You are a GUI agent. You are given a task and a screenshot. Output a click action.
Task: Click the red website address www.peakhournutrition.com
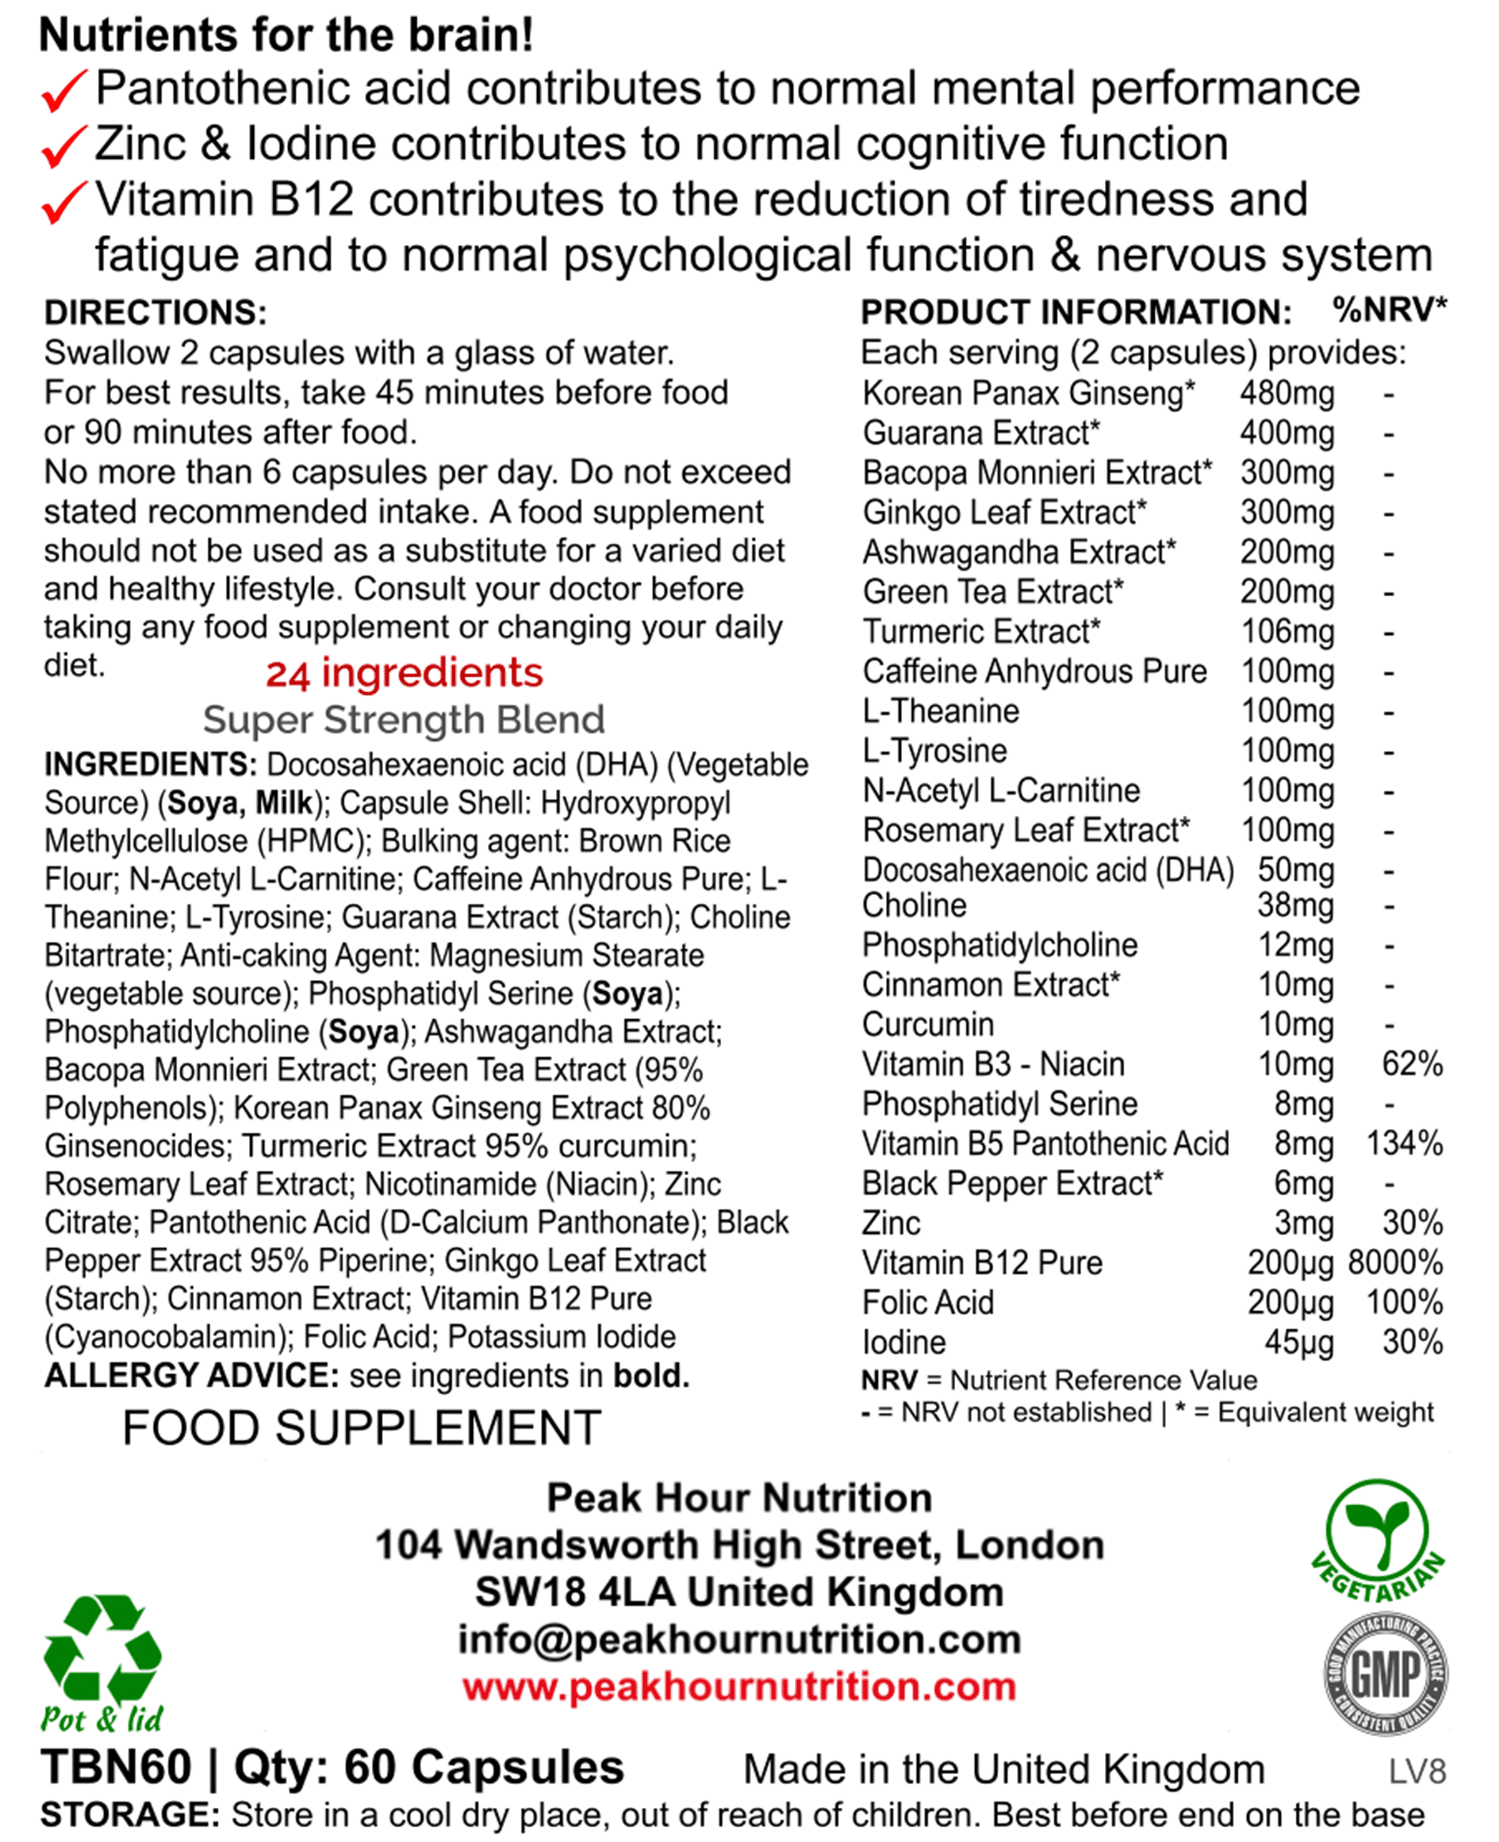tap(739, 1686)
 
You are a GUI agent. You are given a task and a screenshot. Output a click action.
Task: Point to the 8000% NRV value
tap(1395, 1262)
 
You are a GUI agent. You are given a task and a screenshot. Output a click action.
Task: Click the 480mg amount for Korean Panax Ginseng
tap(1287, 393)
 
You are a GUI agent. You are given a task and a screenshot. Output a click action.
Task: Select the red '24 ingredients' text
tap(404, 674)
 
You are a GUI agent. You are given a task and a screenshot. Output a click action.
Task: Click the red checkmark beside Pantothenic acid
tap(64, 90)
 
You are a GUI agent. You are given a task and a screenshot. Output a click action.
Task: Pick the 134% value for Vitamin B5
tap(1404, 1143)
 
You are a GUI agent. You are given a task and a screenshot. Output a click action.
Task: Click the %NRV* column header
tap(1389, 309)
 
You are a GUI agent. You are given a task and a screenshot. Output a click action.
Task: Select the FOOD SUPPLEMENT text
tap(361, 1428)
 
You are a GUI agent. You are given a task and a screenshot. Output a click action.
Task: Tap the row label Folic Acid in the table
tap(928, 1303)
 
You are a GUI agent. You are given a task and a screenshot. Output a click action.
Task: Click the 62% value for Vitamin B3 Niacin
tap(1412, 1064)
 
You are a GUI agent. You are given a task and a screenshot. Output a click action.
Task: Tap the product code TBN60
tap(115, 1767)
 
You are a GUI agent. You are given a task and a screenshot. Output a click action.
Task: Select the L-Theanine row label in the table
tap(940, 712)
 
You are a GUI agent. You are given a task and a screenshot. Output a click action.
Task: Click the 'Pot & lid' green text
tap(102, 1718)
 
